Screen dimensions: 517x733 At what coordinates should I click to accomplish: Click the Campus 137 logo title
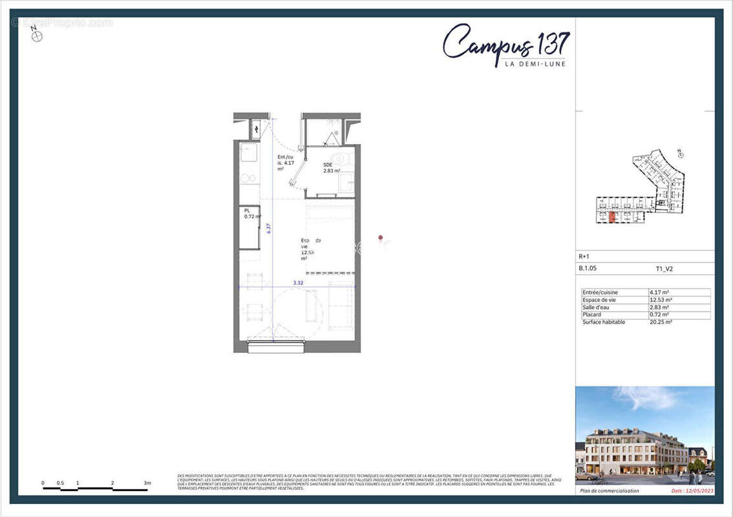click(x=506, y=43)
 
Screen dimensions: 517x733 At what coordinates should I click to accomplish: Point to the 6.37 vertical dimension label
click(x=268, y=227)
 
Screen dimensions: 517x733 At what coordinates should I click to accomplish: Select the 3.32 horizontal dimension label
click(x=298, y=282)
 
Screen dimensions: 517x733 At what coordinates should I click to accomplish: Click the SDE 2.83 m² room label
click(x=331, y=168)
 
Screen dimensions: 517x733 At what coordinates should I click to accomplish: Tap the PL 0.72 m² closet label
click(x=251, y=214)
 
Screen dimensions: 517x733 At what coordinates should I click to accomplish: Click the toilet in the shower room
click(x=338, y=159)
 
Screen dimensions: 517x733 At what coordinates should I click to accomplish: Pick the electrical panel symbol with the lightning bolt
click(x=256, y=130)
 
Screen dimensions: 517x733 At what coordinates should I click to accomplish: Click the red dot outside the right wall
click(x=381, y=239)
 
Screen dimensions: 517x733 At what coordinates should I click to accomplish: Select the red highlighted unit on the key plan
click(x=611, y=216)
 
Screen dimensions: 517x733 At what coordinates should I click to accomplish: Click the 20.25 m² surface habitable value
click(x=661, y=322)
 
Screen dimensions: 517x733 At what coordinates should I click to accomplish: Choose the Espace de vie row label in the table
click(x=600, y=300)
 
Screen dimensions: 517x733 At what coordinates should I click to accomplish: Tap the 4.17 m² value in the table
click(x=659, y=292)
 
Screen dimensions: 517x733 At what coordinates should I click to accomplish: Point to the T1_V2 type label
click(x=664, y=269)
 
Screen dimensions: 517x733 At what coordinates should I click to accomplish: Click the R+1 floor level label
click(x=584, y=257)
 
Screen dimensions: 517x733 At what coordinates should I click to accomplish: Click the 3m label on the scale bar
click(x=147, y=483)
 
